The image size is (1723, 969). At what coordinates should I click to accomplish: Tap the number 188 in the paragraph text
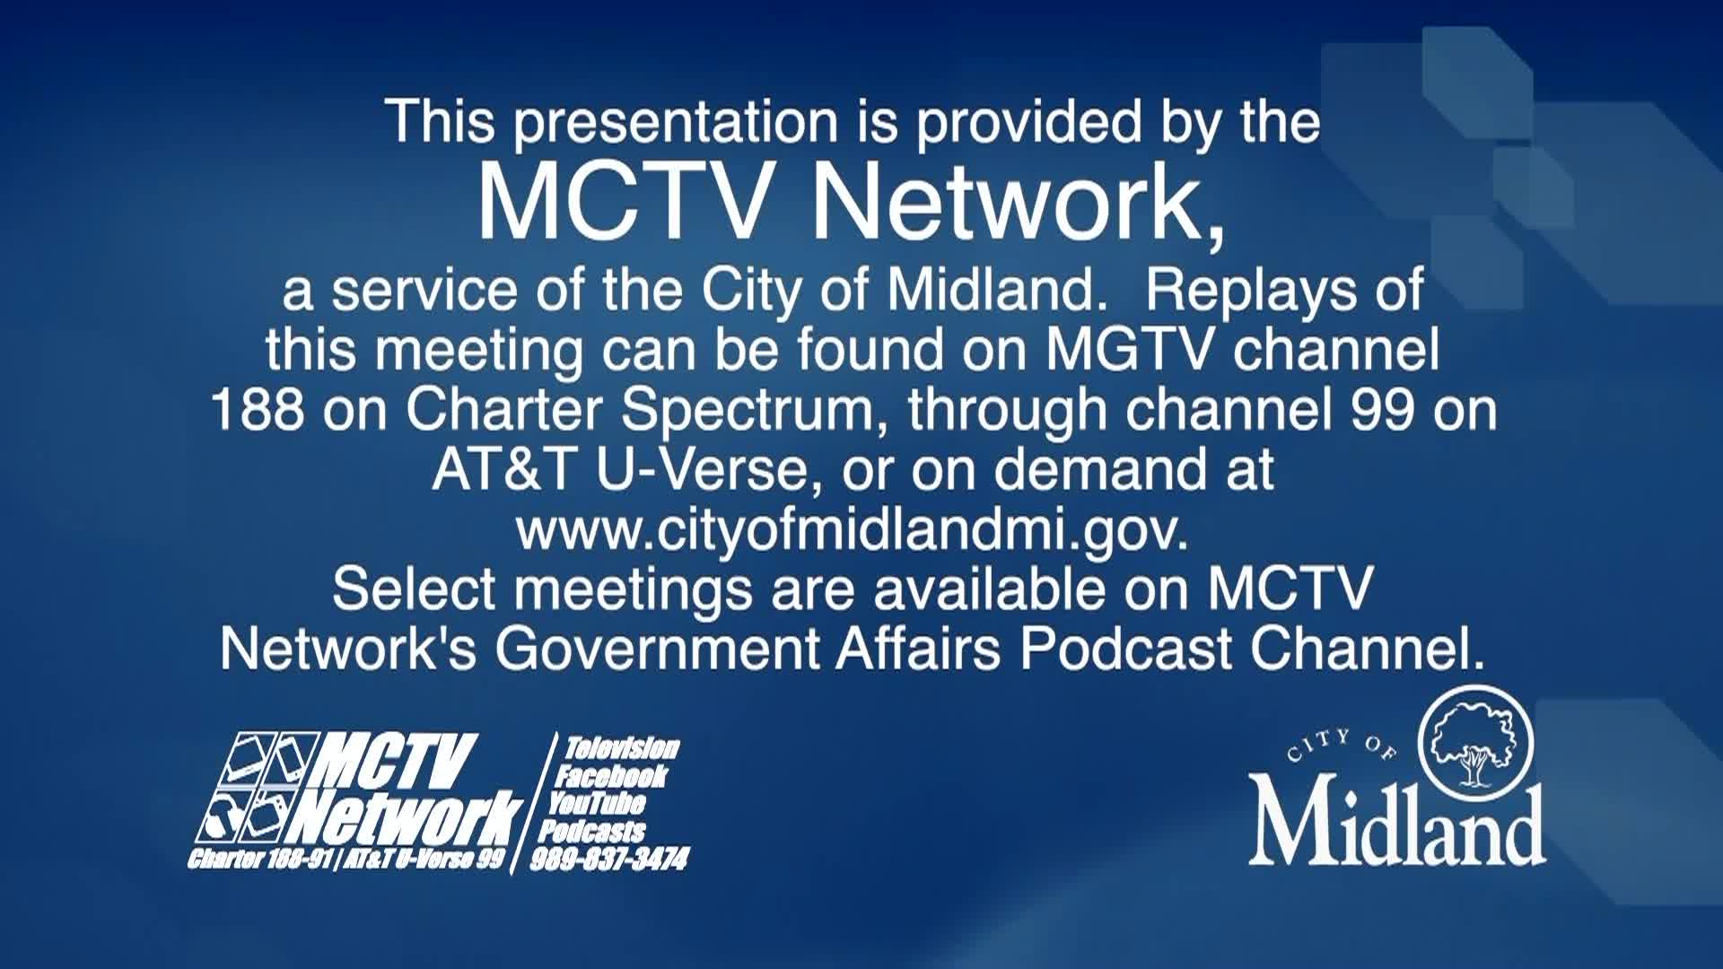257,410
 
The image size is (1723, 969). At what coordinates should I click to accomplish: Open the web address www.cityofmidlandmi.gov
852,531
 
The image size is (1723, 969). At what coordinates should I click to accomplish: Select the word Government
657,649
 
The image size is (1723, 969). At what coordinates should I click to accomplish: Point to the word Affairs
918,648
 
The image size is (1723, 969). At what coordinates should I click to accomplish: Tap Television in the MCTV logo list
622,748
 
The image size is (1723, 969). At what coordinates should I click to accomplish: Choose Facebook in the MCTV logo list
611,776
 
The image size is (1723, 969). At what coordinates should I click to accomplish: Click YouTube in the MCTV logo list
597,803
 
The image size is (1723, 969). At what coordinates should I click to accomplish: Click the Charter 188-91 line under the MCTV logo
346,860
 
